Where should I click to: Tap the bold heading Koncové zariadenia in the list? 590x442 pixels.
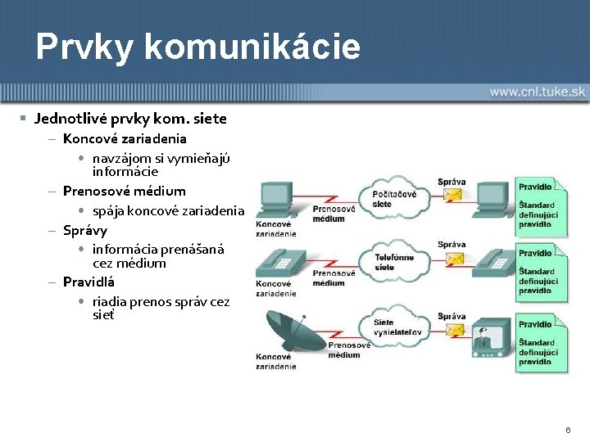click(x=125, y=138)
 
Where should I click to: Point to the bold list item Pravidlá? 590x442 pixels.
click(x=88, y=282)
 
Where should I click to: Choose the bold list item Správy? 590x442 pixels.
click(x=85, y=230)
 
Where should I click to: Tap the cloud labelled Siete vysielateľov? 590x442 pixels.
click(x=394, y=326)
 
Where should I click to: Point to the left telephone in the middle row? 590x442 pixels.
click(x=279, y=263)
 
